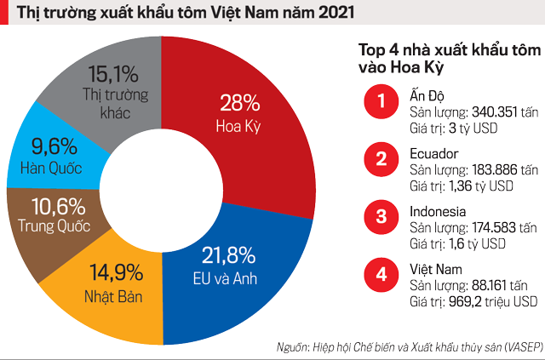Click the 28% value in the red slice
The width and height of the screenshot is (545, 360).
click(239, 105)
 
